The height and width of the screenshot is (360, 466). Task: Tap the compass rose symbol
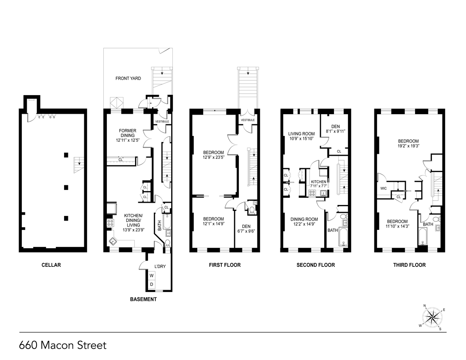pyautogui.click(x=432, y=317)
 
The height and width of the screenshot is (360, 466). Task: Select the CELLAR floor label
pyautogui.click(x=51, y=265)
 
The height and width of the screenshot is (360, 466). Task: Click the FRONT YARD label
pyautogui.click(x=128, y=78)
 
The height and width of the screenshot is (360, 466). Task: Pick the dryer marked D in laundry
pyautogui.click(x=151, y=285)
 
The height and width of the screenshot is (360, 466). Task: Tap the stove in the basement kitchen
pyautogui.click(x=110, y=223)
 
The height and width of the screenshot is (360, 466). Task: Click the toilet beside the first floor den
pyautogui.click(x=251, y=210)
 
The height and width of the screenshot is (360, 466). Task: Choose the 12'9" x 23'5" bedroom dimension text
pyautogui.click(x=213, y=157)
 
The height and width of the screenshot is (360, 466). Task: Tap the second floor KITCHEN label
pyautogui.click(x=318, y=182)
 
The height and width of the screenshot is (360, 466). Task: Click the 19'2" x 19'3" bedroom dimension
pyautogui.click(x=408, y=146)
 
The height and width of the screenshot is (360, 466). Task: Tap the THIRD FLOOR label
pyautogui.click(x=409, y=265)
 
